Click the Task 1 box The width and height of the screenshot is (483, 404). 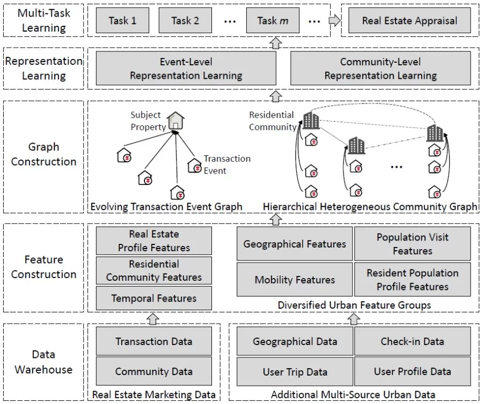[x=122, y=21]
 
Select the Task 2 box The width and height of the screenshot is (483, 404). [x=185, y=21]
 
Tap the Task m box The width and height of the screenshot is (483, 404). [x=273, y=21]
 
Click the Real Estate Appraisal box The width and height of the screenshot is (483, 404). [x=409, y=21]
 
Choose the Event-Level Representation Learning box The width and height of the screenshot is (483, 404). [x=186, y=69]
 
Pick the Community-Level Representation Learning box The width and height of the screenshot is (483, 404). [x=380, y=69]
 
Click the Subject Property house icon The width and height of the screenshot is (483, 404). [x=175, y=121]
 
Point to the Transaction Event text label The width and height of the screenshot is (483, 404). [x=226, y=164]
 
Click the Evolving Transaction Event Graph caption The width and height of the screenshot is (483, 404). [x=166, y=207]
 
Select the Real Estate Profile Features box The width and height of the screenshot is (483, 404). [x=154, y=241]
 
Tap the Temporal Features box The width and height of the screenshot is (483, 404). [x=154, y=298]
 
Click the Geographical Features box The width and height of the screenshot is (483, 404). [x=295, y=244]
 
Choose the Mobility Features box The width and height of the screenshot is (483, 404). [x=295, y=280]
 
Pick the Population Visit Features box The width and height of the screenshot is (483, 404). [x=412, y=244]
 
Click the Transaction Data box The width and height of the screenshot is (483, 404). [x=154, y=341]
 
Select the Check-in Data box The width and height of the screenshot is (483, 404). [x=412, y=341]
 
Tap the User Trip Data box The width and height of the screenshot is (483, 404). [x=295, y=371]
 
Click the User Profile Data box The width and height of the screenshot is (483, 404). [x=412, y=371]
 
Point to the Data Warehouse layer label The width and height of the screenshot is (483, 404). [x=43, y=362]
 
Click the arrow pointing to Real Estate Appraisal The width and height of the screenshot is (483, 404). [x=334, y=21]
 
